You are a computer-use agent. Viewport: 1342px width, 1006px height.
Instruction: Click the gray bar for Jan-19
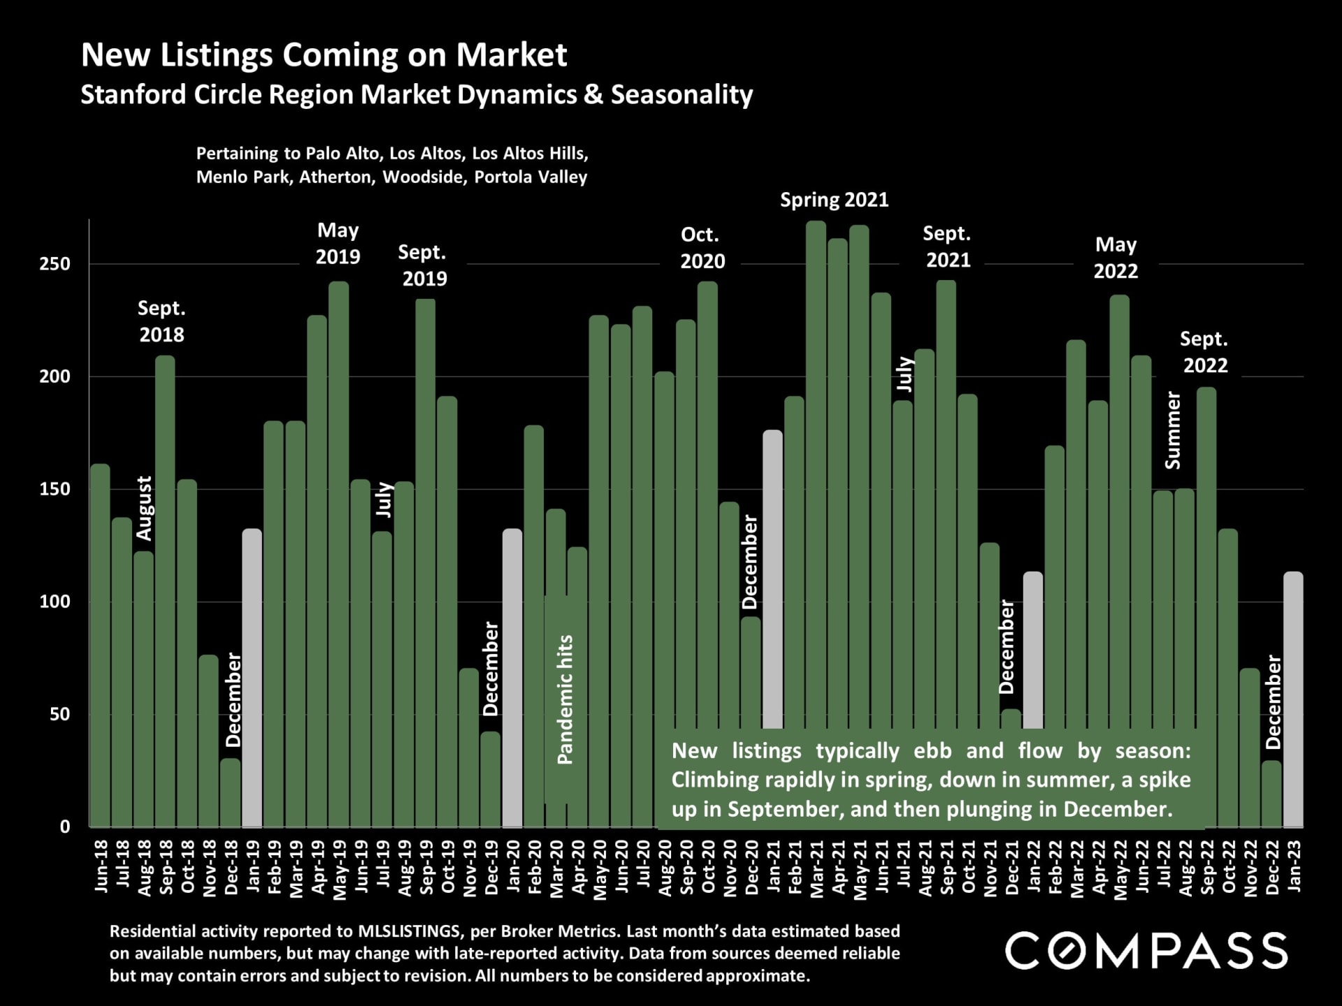pos(252,678)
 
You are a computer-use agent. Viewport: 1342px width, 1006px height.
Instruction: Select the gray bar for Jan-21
pos(772,580)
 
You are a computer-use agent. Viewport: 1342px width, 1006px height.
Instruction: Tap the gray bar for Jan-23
pos(1293,699)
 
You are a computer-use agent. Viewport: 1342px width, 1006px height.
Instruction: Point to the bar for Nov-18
pos(208,741)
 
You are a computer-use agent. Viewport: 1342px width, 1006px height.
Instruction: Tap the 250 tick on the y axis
pos(55,264)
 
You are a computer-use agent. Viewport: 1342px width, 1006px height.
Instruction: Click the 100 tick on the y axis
pos(55,602)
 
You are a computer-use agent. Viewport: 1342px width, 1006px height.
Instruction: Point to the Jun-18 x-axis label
pos(102,866)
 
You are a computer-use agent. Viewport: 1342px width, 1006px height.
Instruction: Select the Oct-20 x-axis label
pos(708,866)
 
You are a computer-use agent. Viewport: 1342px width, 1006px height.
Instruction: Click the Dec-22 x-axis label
pos(1272,866)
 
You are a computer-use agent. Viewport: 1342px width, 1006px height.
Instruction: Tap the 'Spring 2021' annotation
pos(834,201)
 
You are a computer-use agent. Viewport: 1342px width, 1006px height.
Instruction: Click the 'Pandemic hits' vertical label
pos(565,699)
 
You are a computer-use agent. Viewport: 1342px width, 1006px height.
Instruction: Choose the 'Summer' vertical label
pos(1173,430)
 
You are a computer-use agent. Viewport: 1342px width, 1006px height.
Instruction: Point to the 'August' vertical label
pos(144,508)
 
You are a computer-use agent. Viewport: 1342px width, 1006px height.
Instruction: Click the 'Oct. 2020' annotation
pos(702,248)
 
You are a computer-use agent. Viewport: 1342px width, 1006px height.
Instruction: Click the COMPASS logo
pos(1146,951)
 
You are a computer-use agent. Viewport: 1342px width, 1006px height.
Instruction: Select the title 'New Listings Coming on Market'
pos(324,55)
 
